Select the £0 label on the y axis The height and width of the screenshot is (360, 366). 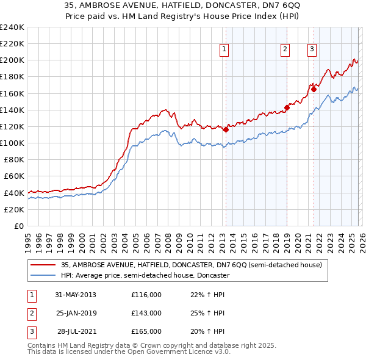tap(20, 226)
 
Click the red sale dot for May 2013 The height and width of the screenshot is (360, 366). tap(226, 129)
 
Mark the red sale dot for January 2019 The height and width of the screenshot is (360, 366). tap(287, 107)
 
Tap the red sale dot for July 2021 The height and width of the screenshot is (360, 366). tap(314, 89)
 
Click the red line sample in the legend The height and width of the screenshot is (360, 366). tap(44, 265)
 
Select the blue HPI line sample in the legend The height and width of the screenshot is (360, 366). tap(44, 275)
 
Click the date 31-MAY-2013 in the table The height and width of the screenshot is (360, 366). tap(75, 295)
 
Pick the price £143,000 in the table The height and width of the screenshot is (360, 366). tap(146, 313)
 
